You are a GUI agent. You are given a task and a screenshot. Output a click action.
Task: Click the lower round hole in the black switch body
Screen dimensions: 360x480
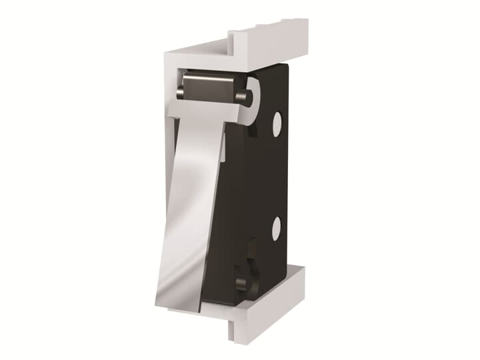point(276,230)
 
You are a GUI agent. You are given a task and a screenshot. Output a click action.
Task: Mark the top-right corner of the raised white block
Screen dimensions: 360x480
point(307,20)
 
